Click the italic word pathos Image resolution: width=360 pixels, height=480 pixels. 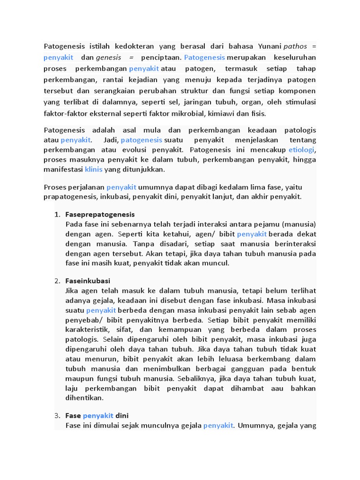click(296, 46)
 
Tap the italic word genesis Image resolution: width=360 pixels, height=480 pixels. click(108, 57)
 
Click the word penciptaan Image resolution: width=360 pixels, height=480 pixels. click(161, 57)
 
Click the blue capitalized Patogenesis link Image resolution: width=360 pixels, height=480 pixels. click(205, 57)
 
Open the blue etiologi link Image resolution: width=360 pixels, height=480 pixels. click(302, 150)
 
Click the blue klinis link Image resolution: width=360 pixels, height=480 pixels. click(93, 169)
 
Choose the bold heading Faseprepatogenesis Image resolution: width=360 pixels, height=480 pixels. click(100, 214)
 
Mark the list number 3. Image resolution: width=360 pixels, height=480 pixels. click(57, 416)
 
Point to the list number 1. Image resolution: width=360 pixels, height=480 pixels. click(57, 214)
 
